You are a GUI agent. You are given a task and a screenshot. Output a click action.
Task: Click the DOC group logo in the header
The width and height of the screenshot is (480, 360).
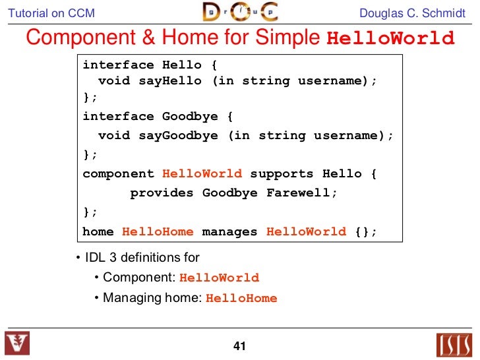click(239, 12)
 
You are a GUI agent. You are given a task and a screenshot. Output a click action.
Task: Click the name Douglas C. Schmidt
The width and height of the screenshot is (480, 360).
click(413, 13)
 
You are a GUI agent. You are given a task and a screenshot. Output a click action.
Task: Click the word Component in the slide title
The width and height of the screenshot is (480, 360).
click(76, 38)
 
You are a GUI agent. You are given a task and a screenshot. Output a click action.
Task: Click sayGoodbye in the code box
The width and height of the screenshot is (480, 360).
click(178, 136)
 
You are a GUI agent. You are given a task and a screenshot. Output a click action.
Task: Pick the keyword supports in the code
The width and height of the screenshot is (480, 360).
click(282, 174)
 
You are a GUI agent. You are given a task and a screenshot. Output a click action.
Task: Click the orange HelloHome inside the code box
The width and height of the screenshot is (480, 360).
click(158, 231)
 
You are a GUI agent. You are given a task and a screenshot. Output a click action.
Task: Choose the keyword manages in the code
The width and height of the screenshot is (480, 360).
click(230, 231)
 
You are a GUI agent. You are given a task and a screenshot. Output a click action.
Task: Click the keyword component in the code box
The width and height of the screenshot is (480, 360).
click(118, 174)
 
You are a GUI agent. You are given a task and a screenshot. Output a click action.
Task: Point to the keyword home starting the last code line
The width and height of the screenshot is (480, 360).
click(98, 231)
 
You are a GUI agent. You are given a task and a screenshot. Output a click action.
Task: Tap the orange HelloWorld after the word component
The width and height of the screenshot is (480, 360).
click(202, 174)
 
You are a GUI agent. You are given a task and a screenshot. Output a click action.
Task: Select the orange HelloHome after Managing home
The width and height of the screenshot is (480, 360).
click(241, 298)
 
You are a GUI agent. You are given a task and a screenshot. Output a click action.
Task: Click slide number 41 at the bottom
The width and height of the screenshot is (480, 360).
click(239, 346)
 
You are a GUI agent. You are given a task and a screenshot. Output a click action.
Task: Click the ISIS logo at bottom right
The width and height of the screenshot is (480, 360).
click(455, 345)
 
